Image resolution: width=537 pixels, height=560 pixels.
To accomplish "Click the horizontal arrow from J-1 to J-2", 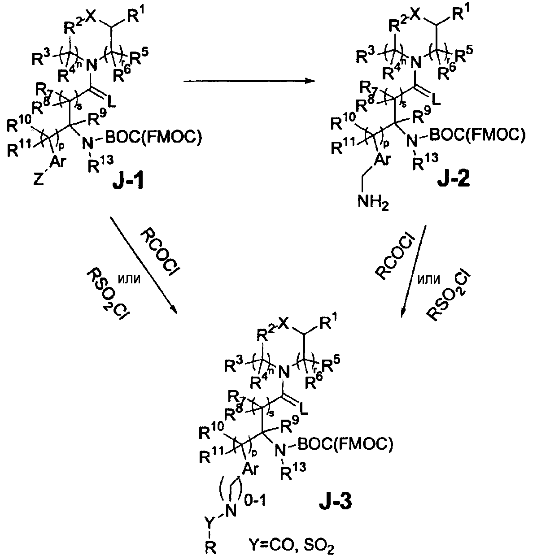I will (248, 81).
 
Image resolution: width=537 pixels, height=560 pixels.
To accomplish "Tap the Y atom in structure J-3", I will (209, 521).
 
